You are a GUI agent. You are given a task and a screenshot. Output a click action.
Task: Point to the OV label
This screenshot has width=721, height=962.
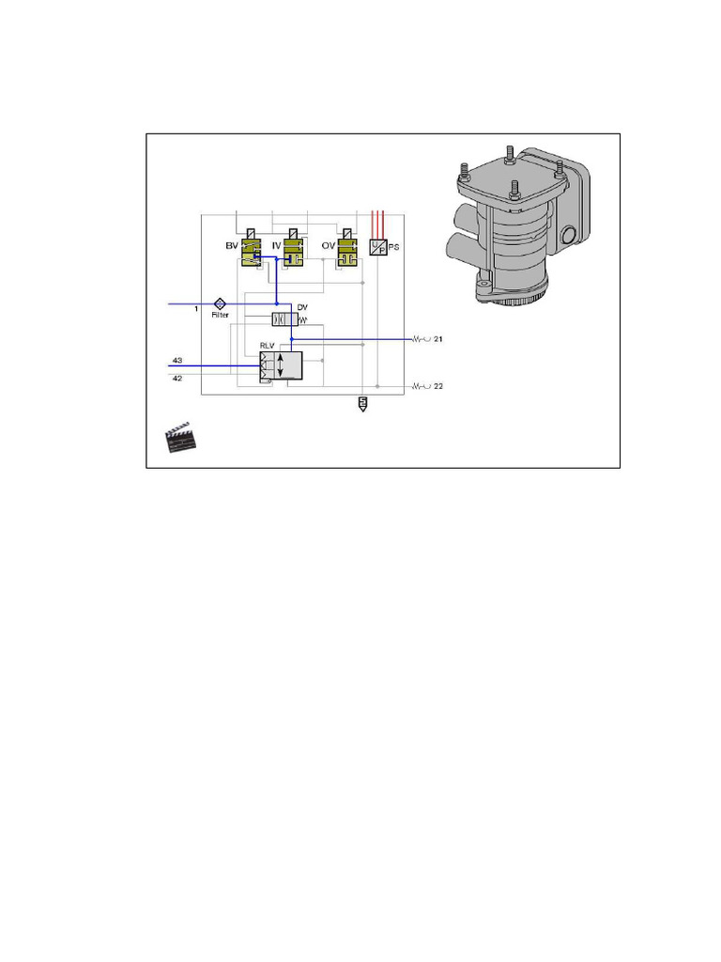point(329,245)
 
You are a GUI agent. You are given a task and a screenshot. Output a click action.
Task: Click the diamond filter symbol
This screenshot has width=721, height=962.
point(220,303)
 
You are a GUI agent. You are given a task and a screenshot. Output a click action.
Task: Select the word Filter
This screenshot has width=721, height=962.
point(220,316)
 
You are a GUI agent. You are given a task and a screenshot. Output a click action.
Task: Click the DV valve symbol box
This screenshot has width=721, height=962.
point(284,319)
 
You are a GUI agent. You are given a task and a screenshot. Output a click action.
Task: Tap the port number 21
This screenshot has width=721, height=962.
point(437,338)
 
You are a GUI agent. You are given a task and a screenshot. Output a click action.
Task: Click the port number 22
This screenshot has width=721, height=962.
point(437,386)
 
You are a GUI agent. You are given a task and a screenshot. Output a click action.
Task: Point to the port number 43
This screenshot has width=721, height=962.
point(176,363)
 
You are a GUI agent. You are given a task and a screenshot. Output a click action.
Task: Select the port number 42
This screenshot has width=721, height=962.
point(176,378)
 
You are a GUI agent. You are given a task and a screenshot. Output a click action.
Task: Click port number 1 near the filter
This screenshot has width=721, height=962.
point(196,309)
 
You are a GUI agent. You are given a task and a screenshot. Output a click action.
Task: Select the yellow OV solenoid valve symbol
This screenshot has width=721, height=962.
point(348,251)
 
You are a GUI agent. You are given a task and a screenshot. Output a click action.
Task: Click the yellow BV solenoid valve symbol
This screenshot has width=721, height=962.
point(250,251)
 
